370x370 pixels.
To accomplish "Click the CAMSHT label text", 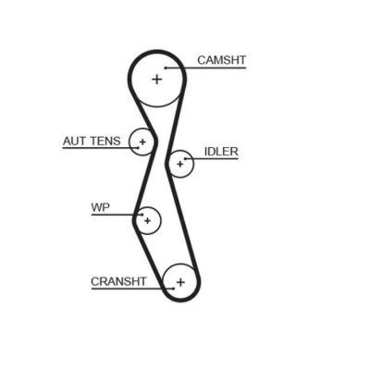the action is tap(222, 60).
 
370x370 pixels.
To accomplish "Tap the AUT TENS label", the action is tap(92, 142).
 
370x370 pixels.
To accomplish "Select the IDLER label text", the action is tap(221, 152).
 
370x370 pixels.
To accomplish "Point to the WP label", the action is tap(101, 207).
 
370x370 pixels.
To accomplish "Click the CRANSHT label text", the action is tap(118, 281).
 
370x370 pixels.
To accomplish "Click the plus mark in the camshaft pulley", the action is tap(157, 80).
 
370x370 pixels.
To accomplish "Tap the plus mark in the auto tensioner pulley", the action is tap(142, 142).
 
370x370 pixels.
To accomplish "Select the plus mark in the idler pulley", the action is tap(180, 164).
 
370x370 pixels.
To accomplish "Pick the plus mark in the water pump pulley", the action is tap(147, 221).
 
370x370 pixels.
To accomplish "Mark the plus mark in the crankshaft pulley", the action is tap(180, 282).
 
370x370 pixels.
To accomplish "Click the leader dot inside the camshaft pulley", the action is tap(166, 68).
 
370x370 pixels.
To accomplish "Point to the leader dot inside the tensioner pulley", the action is tap(138, 148).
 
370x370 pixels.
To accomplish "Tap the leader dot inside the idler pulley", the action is tap(185, 159).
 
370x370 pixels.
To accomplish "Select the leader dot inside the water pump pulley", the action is tap(142, 215).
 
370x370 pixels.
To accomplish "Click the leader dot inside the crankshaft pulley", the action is tap(174, 289).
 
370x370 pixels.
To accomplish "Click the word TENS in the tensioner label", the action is tap(105, 142).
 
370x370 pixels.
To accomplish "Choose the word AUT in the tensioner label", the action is tap(74, 142).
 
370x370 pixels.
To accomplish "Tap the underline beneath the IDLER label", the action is tap(212, 159).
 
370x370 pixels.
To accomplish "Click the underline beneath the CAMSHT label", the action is tap(206, 68).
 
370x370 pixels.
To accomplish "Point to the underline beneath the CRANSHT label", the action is tap(132, 289).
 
